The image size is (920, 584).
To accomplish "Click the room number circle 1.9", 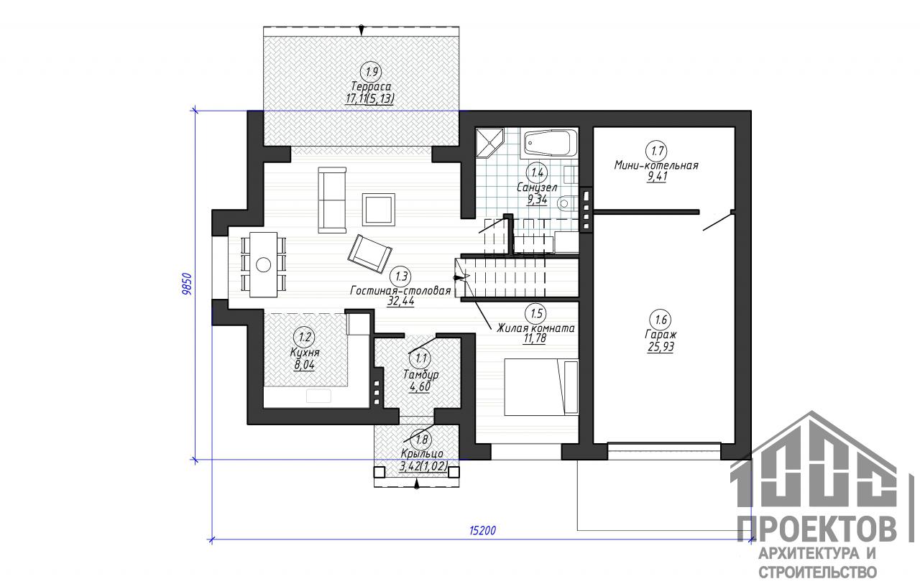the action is (371, 73).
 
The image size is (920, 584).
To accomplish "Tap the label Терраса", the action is (371, 87).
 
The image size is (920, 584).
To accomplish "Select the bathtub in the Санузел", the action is (549, 143).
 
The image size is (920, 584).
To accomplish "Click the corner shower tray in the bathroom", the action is (489, 143).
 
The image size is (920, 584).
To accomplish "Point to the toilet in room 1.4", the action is (567, 203).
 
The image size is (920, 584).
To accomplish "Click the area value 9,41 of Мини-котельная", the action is (658, 177).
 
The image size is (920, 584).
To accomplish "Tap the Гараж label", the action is (661, 335).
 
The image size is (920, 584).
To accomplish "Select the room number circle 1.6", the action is (661, 320).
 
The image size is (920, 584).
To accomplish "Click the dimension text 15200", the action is (482, 531).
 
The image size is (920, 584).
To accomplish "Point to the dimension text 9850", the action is (186, 284).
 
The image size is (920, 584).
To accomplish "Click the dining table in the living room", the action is (263, 264).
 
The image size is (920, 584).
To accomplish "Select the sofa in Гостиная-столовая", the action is (332, 200).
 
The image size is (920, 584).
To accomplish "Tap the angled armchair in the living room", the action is (369, 254).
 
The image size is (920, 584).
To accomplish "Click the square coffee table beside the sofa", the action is (378, 209).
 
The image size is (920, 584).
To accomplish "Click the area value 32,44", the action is (400, 301).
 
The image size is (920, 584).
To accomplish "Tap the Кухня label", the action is (304, 353).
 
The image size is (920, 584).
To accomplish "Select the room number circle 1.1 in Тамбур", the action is (421, 358).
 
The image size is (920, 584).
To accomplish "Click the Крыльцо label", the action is (422, 454).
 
